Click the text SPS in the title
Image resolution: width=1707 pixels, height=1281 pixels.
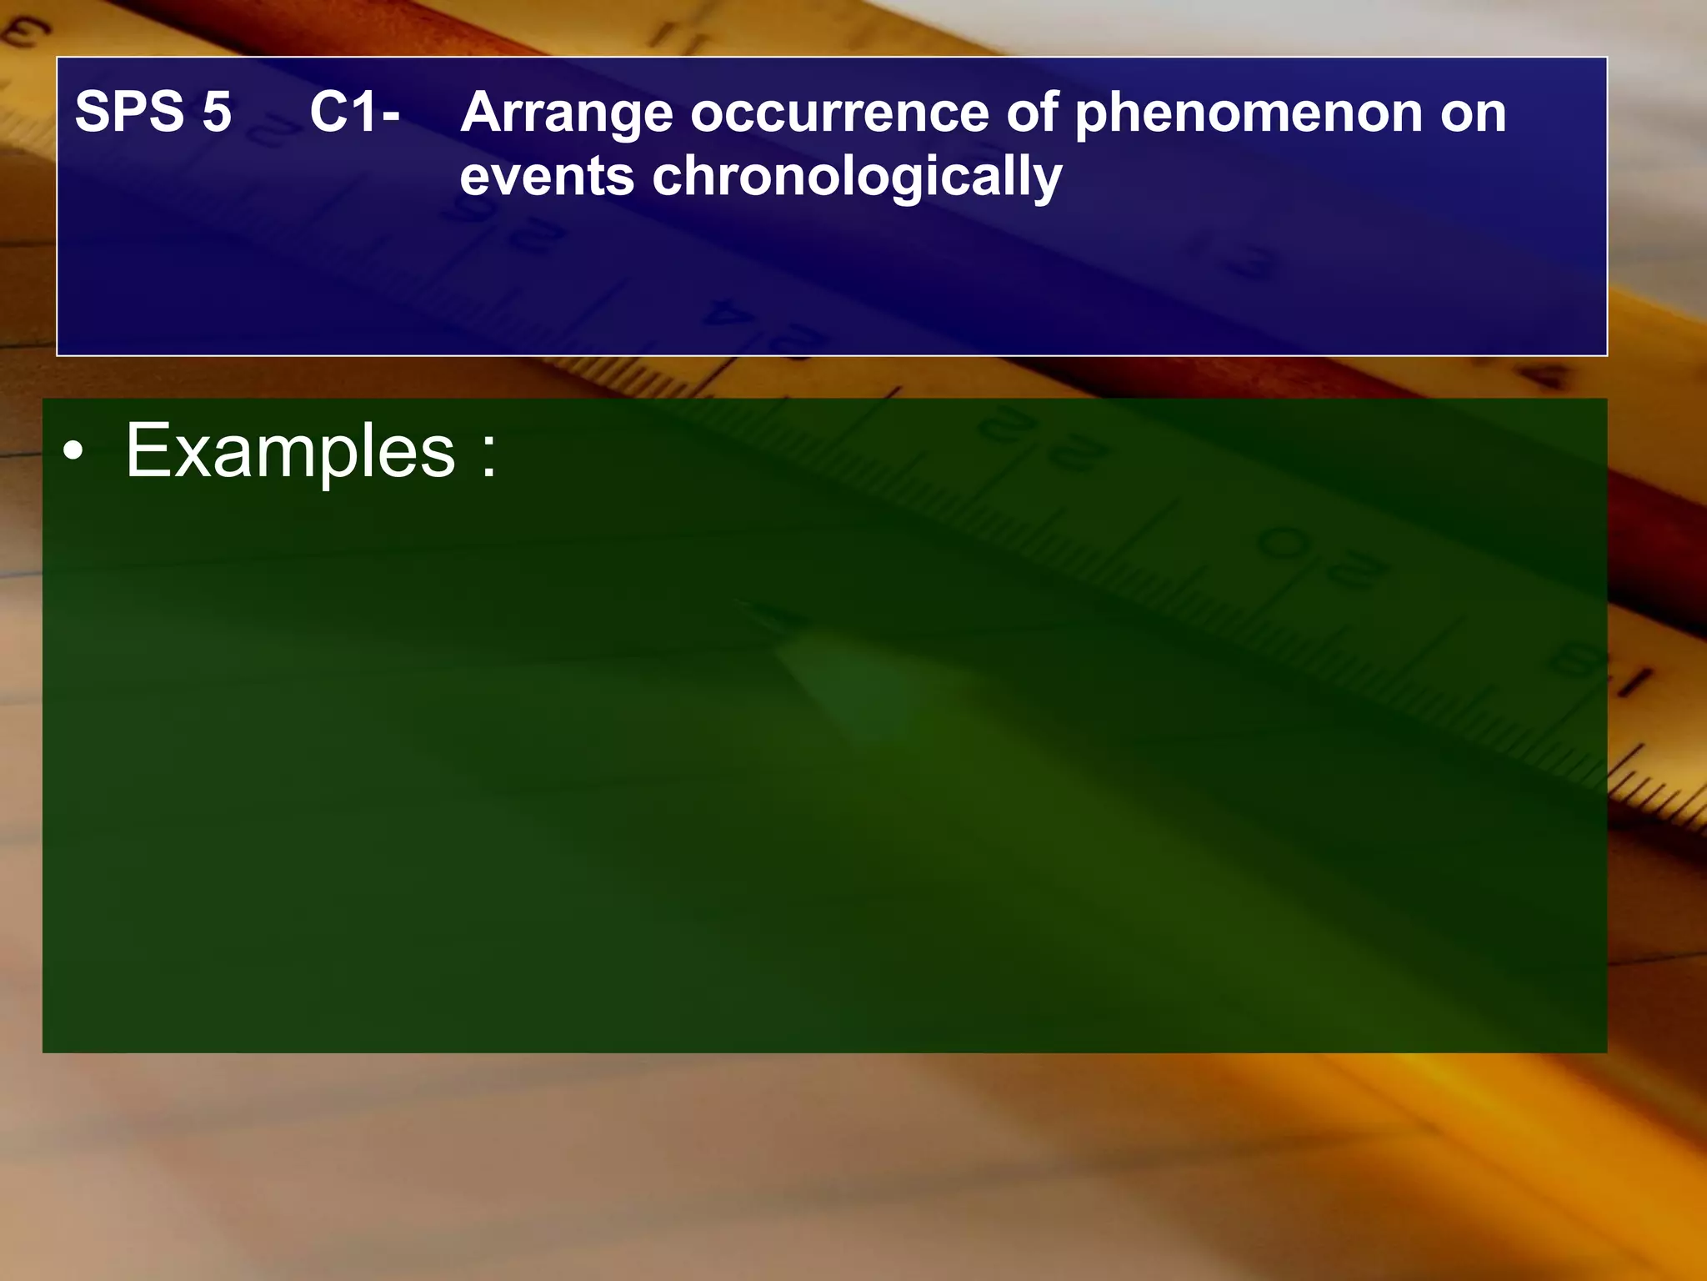click(x=129, y=112)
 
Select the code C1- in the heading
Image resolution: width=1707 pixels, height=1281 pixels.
click(x=355, y=112)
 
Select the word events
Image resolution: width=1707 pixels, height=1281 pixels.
click(x=547, y=177)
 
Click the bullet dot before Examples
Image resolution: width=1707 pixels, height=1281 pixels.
click(x=74, y=452)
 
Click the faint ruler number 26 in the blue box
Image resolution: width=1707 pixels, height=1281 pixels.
click(x=500, y=225)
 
